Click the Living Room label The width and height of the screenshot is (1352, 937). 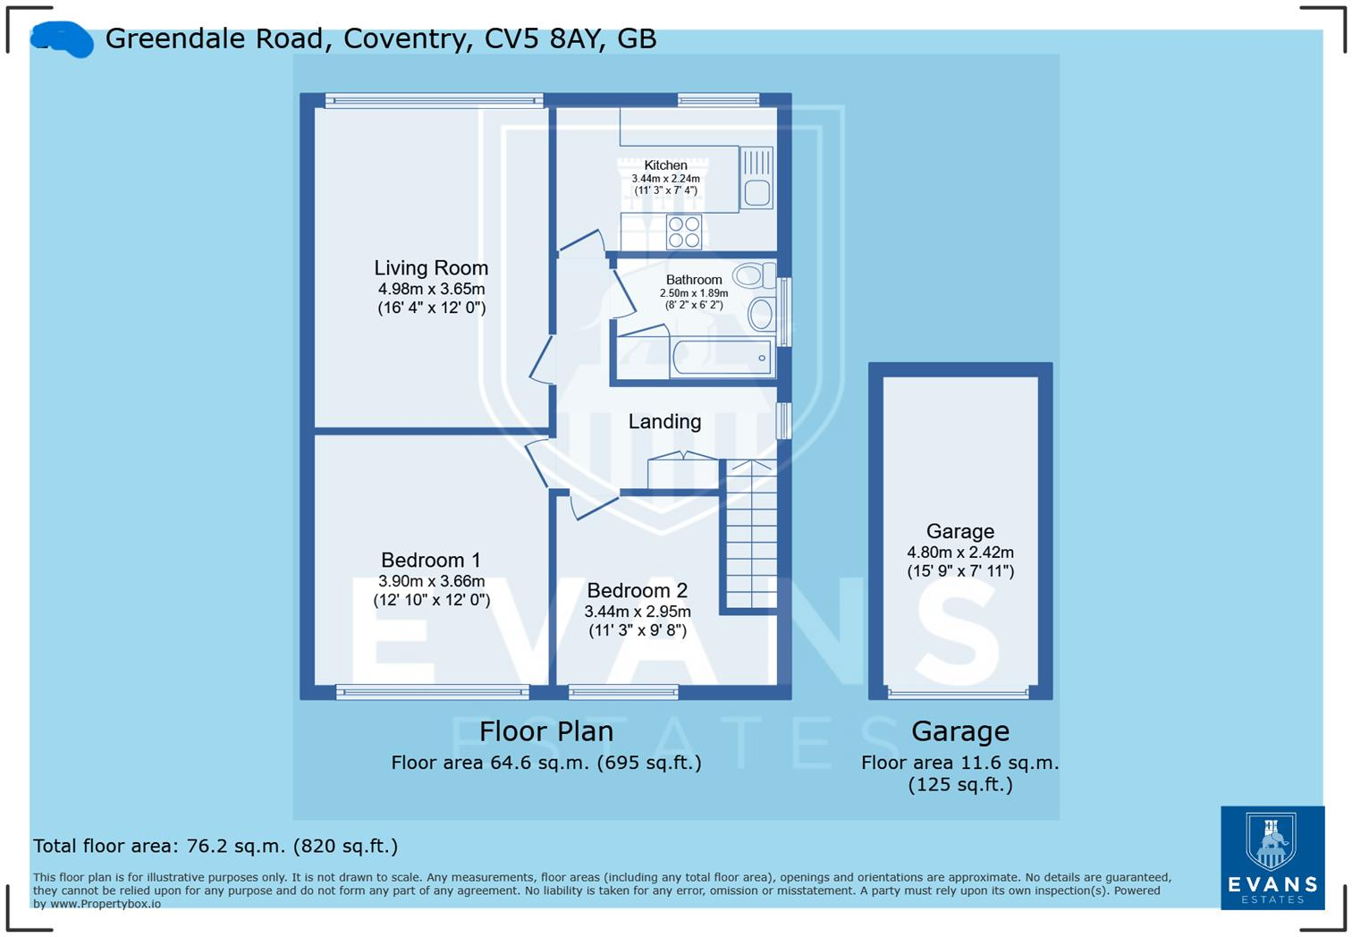[x=430, y=268]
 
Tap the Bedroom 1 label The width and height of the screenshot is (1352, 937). [x=430, y=561]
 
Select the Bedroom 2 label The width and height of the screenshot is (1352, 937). [x=637, y=591]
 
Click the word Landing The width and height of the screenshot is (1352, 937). [x=664, y=422]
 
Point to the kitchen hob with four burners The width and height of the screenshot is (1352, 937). [x=685, y=232]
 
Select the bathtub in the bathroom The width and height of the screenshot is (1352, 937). [x=721, y=359]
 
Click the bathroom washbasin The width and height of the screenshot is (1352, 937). [x=761, y=314]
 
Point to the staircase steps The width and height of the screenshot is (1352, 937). [x=749, y=536]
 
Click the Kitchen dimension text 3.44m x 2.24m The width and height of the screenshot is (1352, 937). [x=665, y=179]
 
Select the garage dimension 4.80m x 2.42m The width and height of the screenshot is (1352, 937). [x=960, y=553]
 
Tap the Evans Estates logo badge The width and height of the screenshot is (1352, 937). [x=1272, y=857]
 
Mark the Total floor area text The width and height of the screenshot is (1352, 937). [x=215, y=846]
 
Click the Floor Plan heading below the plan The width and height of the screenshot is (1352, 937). [x=545, y=731]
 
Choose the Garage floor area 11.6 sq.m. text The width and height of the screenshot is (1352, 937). [x=959, y=764]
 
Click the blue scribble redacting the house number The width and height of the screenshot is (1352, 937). [x=63, y=40]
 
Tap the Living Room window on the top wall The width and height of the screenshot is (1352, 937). [x=434, y=100]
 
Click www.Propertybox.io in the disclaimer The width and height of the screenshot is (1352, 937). [x=105, y=904]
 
